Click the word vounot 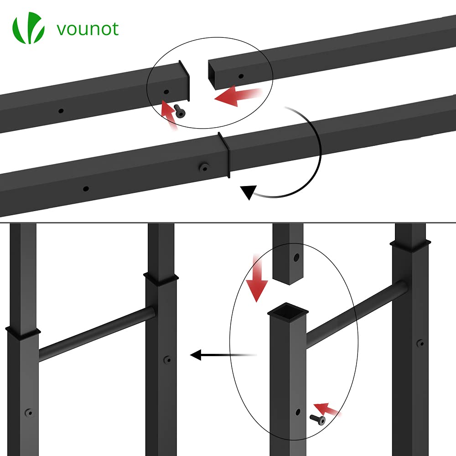88,29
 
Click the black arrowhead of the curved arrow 248,192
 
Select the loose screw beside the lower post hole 317,419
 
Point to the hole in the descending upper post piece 297,258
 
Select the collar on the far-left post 21,332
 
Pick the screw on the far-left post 29,413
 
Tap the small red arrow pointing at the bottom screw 327,408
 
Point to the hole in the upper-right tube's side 241,76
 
